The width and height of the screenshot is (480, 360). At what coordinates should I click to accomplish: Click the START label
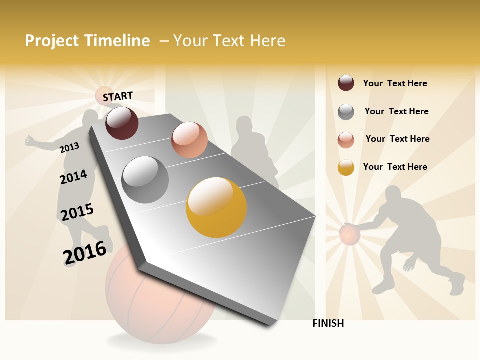point(118,96)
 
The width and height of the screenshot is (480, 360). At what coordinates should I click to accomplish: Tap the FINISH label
point(328,323)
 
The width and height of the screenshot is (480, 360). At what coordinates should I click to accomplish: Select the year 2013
point(70,147)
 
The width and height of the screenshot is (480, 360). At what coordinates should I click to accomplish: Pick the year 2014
point(73,177)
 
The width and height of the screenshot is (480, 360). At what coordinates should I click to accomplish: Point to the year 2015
point(77,212)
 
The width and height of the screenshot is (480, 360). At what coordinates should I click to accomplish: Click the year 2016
point(85,252)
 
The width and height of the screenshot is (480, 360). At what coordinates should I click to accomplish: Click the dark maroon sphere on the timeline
point(122,123)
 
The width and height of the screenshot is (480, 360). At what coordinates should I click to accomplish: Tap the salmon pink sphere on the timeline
point(189,140)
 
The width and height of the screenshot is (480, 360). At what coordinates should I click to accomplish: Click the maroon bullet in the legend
point(346,83)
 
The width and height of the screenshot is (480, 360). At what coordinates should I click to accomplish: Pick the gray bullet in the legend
point(346,112)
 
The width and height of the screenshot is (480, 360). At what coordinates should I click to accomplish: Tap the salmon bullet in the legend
point(346,139)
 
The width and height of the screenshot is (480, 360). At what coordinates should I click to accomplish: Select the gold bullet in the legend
point(346,167)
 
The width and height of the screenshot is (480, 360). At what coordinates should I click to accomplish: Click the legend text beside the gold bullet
point(395,167)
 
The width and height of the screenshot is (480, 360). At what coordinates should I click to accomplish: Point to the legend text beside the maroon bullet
point(395,83)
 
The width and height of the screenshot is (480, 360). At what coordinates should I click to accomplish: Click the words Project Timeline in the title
point(87,41)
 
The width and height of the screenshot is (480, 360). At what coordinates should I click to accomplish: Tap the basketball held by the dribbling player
point(350,234)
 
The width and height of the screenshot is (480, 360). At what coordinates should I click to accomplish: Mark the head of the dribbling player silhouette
point(394,194)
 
